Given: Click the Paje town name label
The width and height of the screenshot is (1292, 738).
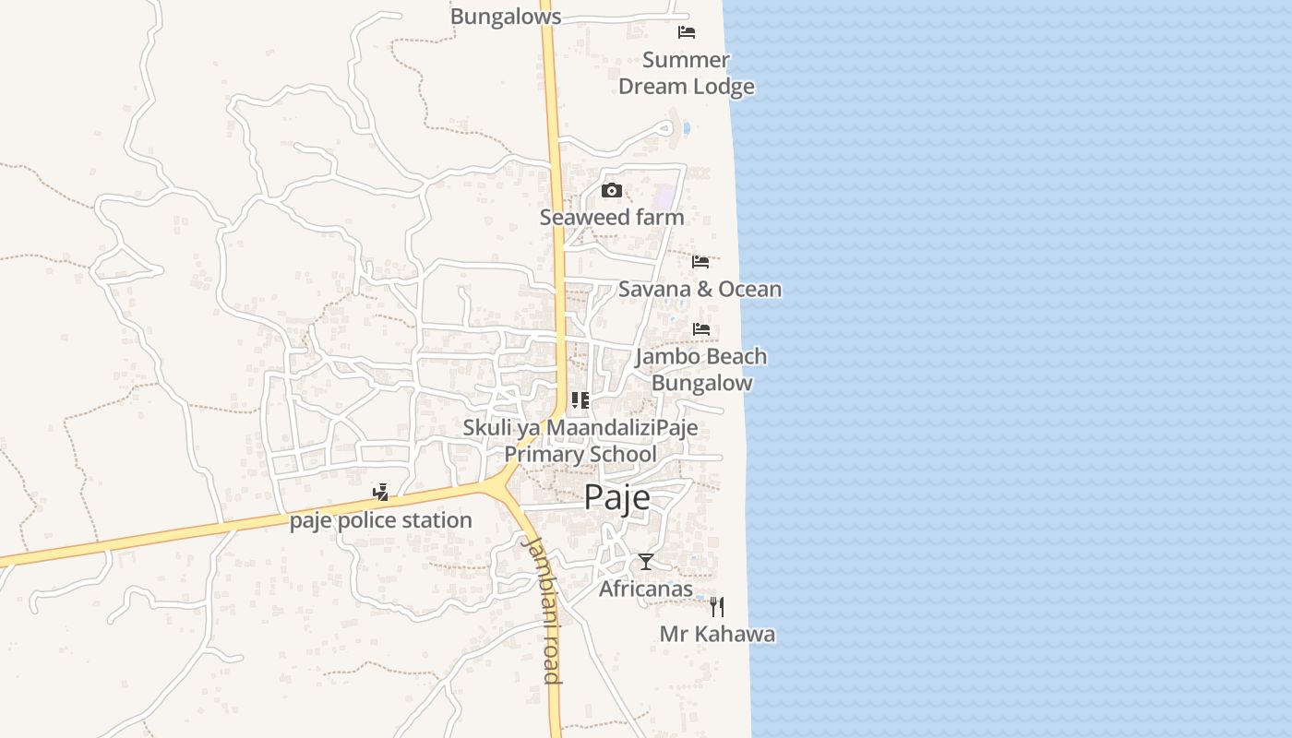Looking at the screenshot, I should (x=616, y=498).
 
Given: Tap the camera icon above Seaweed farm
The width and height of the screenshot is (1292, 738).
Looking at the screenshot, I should (x=611, y=191).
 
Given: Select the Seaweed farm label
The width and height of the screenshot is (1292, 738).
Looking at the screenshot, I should (x=612, y=218).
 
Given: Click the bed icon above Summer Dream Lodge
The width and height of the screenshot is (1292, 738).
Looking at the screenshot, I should (x=687, y=32).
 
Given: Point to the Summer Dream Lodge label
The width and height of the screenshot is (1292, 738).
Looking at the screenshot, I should (x=686, y=73).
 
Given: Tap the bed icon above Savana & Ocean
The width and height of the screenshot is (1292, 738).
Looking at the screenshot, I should (x=700, y=262).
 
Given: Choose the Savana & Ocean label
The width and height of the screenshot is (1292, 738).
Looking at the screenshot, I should (x=700, y=289).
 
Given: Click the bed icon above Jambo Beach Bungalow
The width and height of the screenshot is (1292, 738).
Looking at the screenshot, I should (x=701, y=328).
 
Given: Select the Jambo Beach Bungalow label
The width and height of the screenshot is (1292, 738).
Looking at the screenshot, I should (x=701, y=369).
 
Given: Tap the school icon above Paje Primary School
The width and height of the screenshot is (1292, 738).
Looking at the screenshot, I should (x=580, y=400).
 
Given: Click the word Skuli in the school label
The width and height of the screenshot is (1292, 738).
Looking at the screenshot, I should (x=486, y=428).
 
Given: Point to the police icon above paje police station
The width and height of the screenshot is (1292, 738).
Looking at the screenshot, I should (x=380, y=493).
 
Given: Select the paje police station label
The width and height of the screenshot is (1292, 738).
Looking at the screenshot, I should (x=381, y=520).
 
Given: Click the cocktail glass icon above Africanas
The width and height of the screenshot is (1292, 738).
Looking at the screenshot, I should (x=646, y=561).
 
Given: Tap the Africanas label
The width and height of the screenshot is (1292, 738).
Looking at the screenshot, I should (x=646, y=589).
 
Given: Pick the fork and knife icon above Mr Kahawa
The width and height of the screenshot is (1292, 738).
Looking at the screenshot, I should (x=717, y=607).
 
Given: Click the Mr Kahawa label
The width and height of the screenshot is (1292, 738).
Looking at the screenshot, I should (x=717, y=635).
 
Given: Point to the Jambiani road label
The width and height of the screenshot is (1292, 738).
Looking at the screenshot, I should (x=541, y=609).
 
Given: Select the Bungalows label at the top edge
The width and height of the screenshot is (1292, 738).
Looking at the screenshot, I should (x=506, y=16).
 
